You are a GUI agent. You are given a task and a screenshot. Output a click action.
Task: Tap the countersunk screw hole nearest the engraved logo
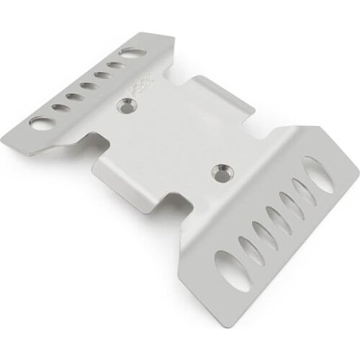127,107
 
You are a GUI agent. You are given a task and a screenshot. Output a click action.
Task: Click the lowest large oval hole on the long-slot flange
233,270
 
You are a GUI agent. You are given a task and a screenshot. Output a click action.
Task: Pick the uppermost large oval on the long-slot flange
318,175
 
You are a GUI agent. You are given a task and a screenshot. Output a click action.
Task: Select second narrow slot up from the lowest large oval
264,235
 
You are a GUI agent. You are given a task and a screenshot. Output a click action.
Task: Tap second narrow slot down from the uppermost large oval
292,207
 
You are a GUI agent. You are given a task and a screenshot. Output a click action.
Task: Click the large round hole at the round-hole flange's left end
42,123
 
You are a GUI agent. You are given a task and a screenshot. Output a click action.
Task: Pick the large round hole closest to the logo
132,53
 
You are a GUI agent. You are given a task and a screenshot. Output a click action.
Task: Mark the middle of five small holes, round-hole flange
89,86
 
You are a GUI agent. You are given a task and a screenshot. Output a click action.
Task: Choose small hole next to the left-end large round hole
61,108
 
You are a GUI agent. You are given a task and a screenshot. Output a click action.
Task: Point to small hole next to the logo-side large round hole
116,66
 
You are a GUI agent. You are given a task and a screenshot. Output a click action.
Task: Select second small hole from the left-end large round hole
75,97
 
